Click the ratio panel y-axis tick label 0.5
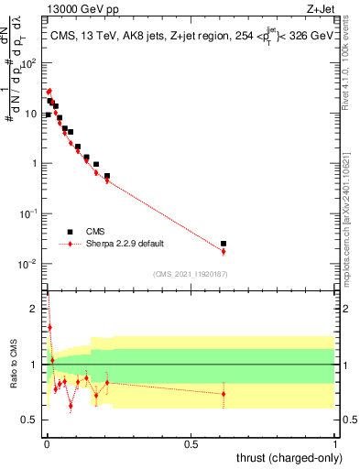pos(33,420)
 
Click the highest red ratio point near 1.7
pos(49,327)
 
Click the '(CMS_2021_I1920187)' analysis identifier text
pos(190,272)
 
